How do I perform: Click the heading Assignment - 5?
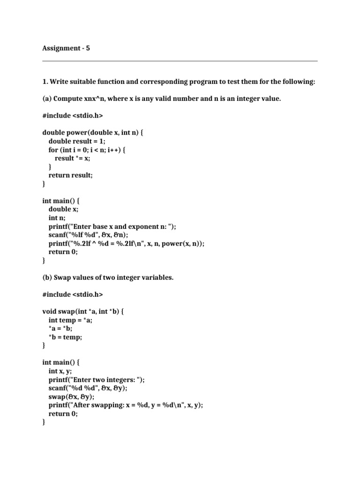66,48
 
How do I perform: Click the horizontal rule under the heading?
180,61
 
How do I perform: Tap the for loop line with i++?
88,150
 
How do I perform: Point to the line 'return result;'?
73,175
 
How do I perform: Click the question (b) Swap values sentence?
108,277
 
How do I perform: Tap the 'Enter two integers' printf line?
97,379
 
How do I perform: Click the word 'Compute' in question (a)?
68,98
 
